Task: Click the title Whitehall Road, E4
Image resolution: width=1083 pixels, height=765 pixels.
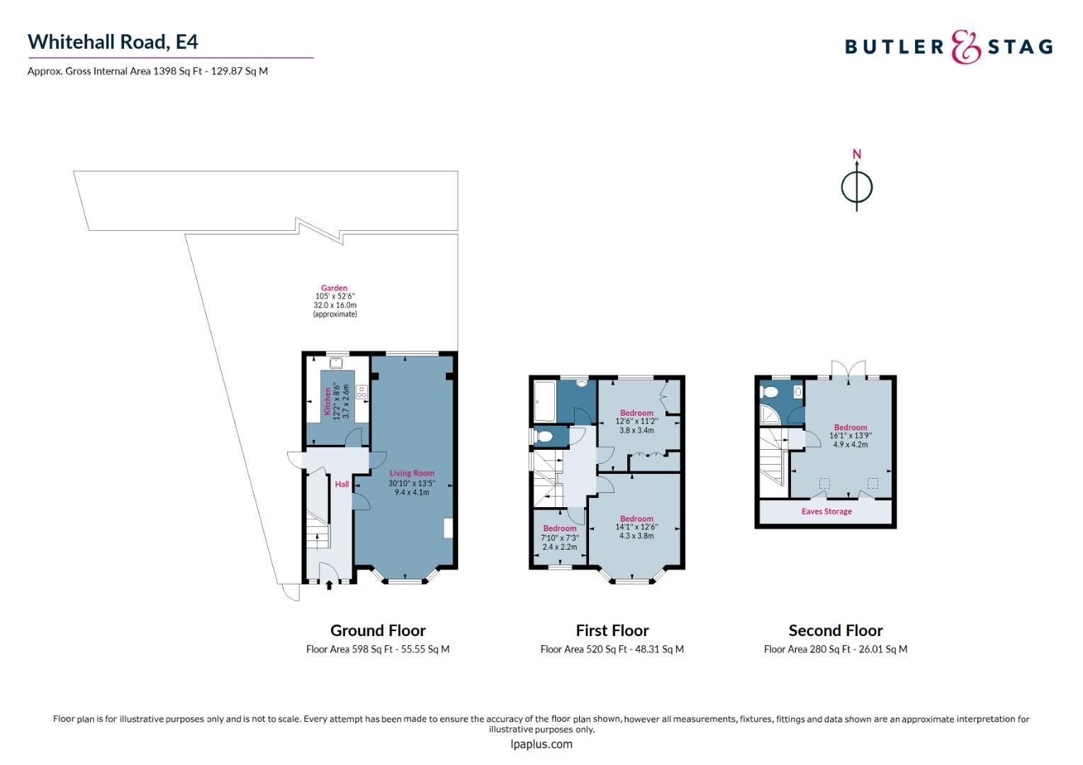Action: (113, 42)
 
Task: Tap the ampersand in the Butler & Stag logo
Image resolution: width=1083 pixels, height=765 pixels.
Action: (965, 47)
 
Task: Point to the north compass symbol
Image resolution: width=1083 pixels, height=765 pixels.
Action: (856, 186)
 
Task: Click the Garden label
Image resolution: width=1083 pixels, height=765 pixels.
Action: (334, 288)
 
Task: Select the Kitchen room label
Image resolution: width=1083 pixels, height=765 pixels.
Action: (327, 401)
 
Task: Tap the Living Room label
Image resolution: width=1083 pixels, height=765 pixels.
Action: (412, 473)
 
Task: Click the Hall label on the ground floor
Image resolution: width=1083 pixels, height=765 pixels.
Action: (342, 484)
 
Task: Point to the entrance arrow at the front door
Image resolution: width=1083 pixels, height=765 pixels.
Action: (328, 585)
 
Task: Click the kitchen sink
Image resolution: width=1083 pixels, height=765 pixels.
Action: (335, 363)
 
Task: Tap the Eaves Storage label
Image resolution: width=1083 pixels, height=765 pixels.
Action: (826, 511)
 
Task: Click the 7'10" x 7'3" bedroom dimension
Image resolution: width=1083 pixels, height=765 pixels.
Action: (560, 538)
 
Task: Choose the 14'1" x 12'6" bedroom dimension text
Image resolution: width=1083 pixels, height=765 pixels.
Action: (636, 527)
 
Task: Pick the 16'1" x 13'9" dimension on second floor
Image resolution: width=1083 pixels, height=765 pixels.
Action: (851, 436)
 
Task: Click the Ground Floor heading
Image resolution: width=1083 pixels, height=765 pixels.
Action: (378, 630)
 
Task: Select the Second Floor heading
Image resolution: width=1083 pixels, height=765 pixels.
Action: (836, 630)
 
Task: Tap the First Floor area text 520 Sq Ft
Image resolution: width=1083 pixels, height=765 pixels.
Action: (612, 649)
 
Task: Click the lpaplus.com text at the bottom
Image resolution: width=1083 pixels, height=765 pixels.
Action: (541, 744)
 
